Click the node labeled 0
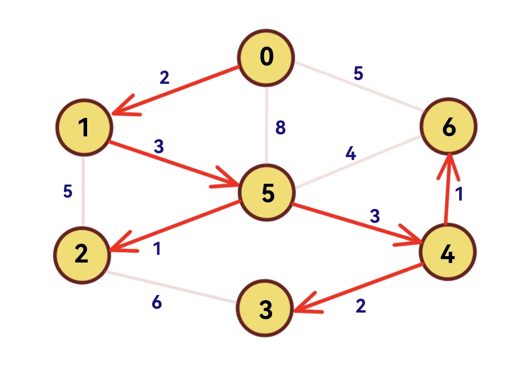pyautogui.click(x=266, y=57)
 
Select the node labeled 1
pyautogui.click(x=84, y=128)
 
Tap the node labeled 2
pyautogui.click(x=82, y=254)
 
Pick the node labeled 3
pyautogui.click(x=266, y=309)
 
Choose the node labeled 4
pyautogui.click(x=448, y=253)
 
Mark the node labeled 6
pyautogui.click(x=448, y=127)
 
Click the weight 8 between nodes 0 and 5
pyautogui.click(x=280, y=128)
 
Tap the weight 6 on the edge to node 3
pyautogui.click(x=157, y=303)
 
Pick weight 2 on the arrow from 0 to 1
pyautogui.click(x=164, y=78)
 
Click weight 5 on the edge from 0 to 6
pyautogui.click(x=358, y=74)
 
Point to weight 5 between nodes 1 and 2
pyautogui.click(x=67, y=192)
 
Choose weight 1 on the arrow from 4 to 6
pyautogui.click(x=459, y=195)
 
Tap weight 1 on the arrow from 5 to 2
pyautogui.click(x=158, y=249)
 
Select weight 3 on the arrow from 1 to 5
pyautogui.click(x=159, y=147)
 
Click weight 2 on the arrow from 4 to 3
pyautogui.click(x=361, y=306)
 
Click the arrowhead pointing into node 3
pyautogui.click(x=301, y=307)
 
